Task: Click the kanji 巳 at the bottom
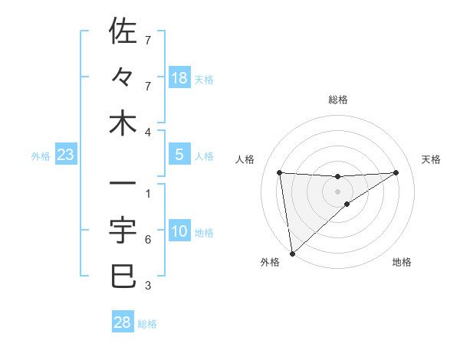pos(123,276)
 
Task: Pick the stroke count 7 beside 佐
pos(148,39)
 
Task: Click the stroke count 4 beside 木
pos(148,133)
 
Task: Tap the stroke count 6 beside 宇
pos(148,240)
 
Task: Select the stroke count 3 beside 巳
pos(148,286)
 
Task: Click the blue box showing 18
pos(179,78)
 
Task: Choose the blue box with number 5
pos(179,155)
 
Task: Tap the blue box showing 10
pos(179,232)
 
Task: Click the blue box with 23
pos(66,155)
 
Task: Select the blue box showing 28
pos(123,322)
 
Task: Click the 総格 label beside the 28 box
pos(147,324)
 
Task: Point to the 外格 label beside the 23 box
pos(41,156)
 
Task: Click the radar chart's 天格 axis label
pos(432,159)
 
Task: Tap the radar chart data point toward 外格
pos(292,254)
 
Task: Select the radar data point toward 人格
pos(280,172)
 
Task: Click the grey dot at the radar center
pos(337,191)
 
